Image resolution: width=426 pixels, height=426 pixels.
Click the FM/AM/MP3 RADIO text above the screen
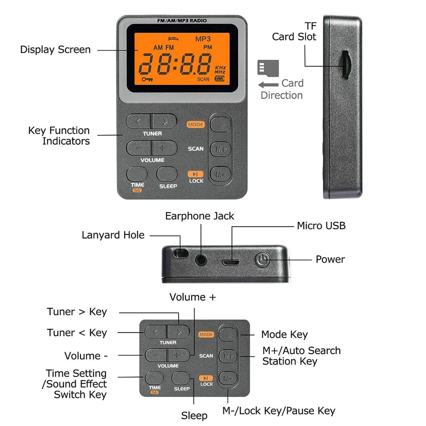pos(182,21)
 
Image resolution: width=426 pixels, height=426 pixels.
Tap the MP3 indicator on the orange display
pos(203,39)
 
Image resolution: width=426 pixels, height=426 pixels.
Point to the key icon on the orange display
pos(147,79)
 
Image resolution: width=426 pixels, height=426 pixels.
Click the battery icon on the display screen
pos(220,79)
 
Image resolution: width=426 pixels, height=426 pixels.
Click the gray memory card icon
pos(268,68)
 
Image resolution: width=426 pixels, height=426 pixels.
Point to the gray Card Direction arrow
pos(268,85)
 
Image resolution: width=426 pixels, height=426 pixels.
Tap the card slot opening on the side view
pos(345,65)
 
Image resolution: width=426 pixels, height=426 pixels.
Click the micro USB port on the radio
pos(231,262)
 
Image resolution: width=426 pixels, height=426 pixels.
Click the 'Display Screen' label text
pos(55,50)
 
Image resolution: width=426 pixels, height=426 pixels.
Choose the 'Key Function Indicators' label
pos(59,136)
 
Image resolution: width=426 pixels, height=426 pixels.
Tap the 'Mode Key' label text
pos(284,335)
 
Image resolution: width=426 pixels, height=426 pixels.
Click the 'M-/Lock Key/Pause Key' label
pos(279,411)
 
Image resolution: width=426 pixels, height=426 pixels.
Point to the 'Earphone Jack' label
pos(200,216)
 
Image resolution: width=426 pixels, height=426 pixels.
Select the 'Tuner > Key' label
pos(77,312)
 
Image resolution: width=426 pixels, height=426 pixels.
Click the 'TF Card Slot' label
pos(294,32)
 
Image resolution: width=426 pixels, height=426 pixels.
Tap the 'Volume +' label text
pos(193,297)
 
